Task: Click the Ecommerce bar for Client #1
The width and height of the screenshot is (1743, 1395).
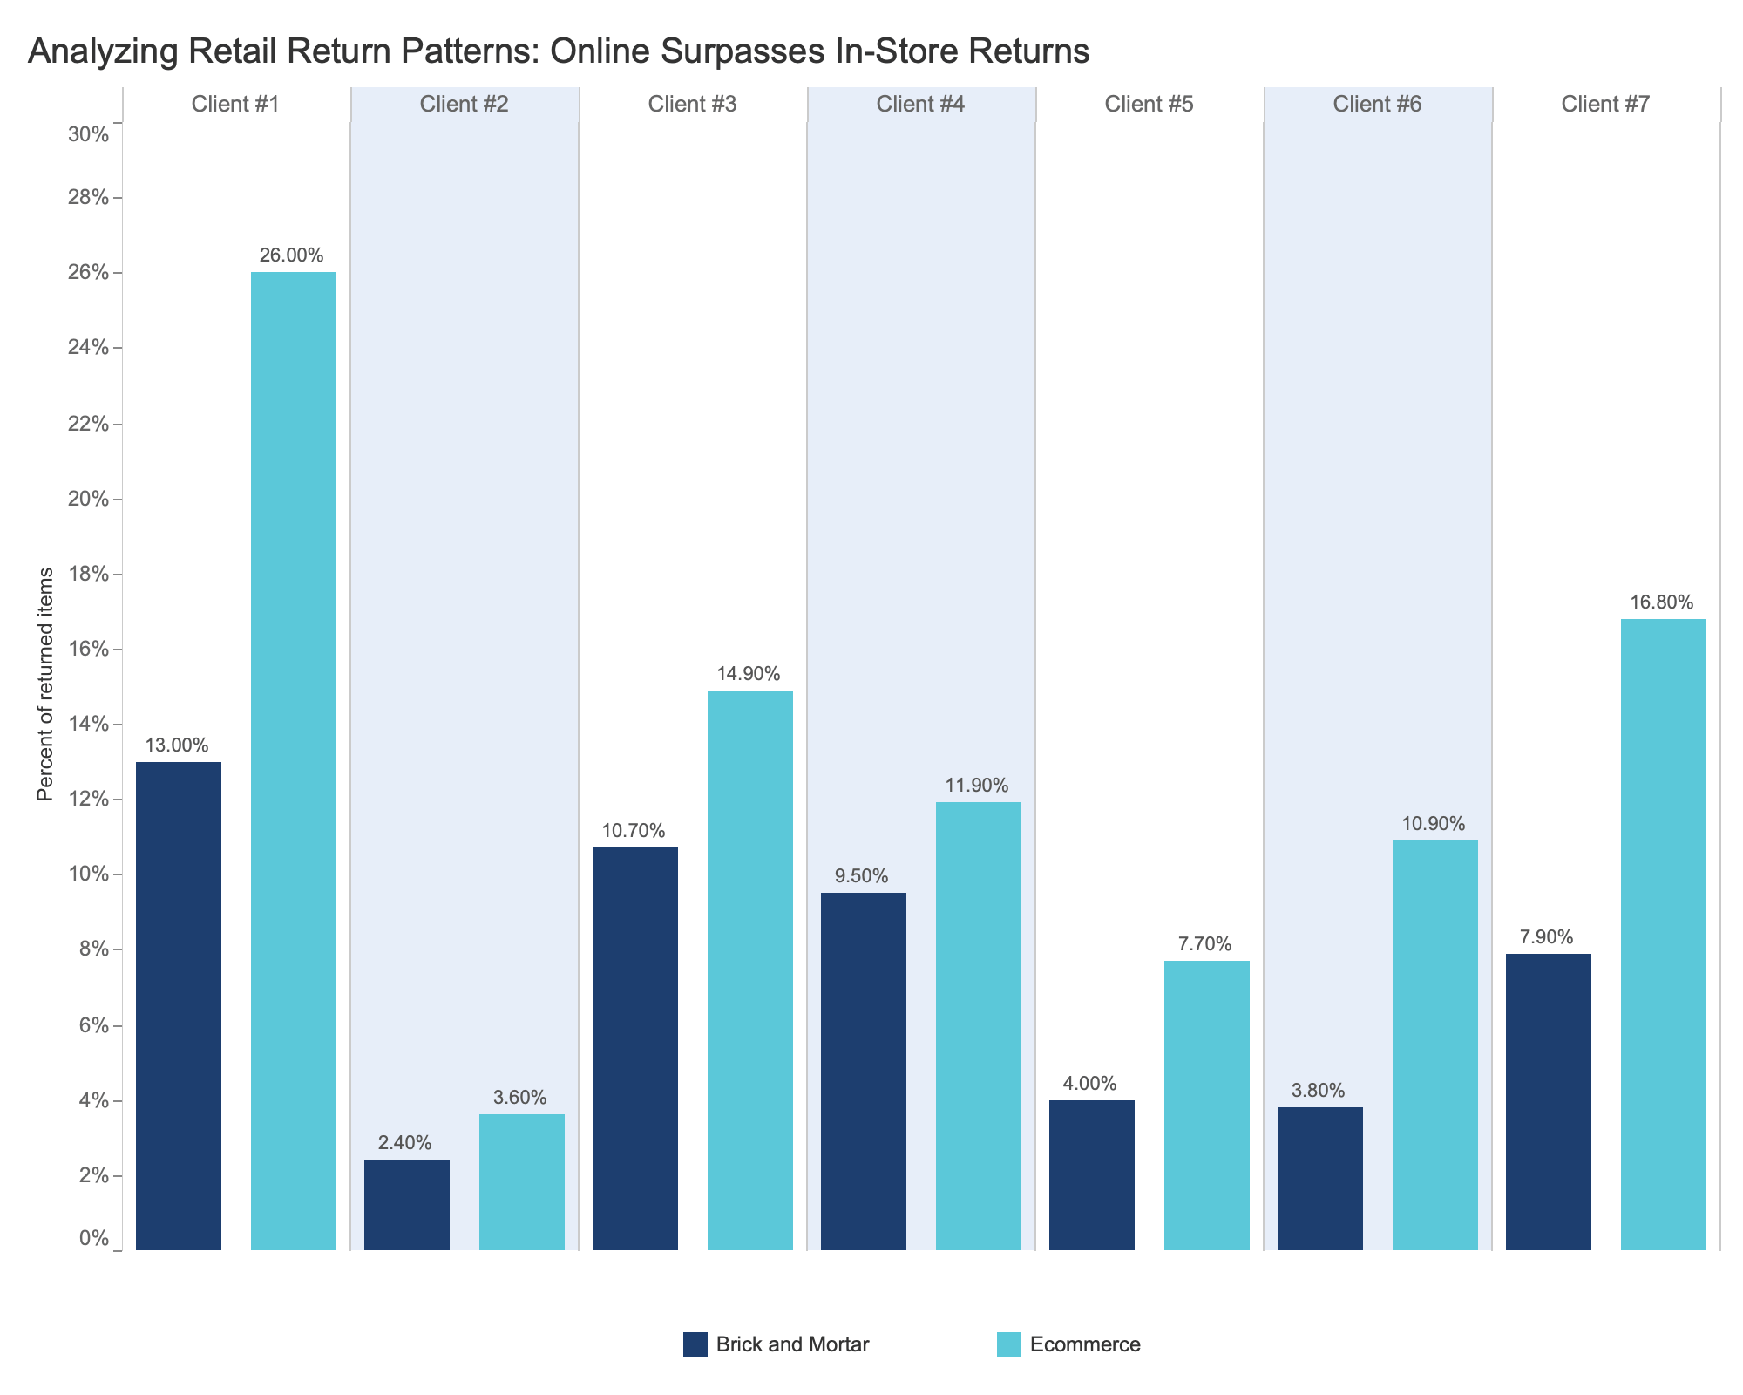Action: (294, 761)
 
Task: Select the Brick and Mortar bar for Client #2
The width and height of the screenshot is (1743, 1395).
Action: (407, 1205)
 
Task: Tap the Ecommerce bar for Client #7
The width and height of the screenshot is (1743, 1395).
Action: (1664, 935)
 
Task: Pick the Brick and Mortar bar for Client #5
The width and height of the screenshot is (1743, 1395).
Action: (1092, 1175)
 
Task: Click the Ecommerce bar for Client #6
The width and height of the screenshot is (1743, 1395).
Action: (1435, 1045)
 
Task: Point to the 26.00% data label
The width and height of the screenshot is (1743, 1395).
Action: (292, 255)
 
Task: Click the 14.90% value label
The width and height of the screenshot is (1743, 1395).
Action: (749, 674)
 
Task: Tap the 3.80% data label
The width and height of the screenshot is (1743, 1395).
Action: (1319, 1091)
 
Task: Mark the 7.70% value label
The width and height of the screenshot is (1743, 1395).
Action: (1205, 944)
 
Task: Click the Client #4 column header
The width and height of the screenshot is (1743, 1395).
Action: (920, 105)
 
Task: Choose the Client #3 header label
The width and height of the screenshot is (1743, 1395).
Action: (692, 105)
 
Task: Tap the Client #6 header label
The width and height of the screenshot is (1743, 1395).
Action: (1377, 105)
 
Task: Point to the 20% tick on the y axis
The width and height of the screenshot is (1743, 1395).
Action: (88, 500)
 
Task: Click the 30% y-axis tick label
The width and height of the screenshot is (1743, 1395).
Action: (88, 135)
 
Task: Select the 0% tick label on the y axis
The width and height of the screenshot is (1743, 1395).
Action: (93, 1239)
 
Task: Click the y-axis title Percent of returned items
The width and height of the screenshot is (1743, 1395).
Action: (46, 684)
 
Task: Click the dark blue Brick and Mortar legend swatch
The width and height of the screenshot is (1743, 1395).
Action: (695, 1344)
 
